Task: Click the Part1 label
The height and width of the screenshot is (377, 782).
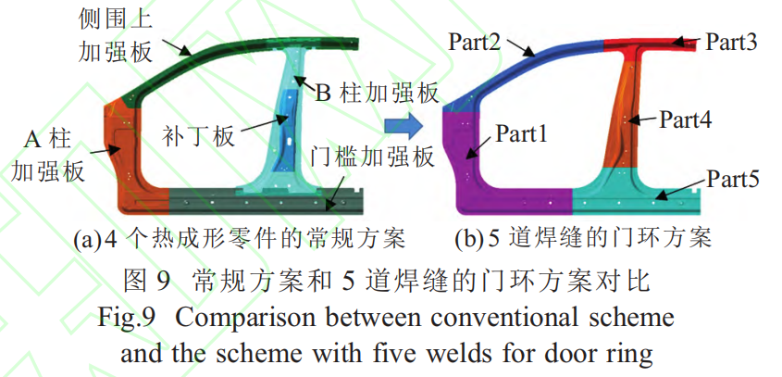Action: pos(522,133)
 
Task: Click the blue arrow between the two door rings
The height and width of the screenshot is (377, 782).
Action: pos(403,121)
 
